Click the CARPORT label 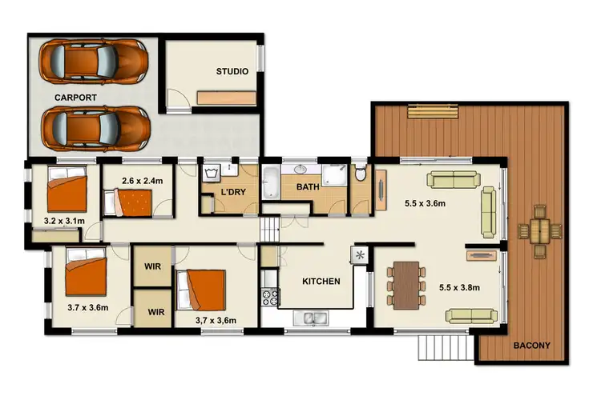tap(76, 97)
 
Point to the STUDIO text tap(232, 72)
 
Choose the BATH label tap(309, 187)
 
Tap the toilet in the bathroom tap(361, 174)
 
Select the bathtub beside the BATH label tap(269, 182)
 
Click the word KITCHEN tap(321, 282)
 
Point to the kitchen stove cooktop tap(268, 297)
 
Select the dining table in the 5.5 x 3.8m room tap(409, 283)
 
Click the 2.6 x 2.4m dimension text tap(142, 182)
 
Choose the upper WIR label tap(153, 266)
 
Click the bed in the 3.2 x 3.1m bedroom tap(67, 192)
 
